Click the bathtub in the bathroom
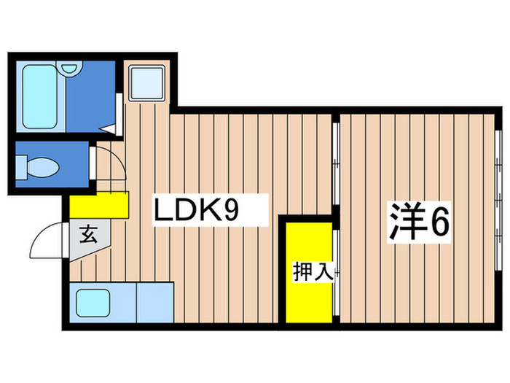(x=40, y=97)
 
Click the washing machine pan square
(x=147, y=82)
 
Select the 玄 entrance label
(x=88, y=235)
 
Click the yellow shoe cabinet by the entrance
(x=99, y=205)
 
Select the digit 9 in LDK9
(x=230, y=211)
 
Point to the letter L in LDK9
(x=161, y=211)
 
